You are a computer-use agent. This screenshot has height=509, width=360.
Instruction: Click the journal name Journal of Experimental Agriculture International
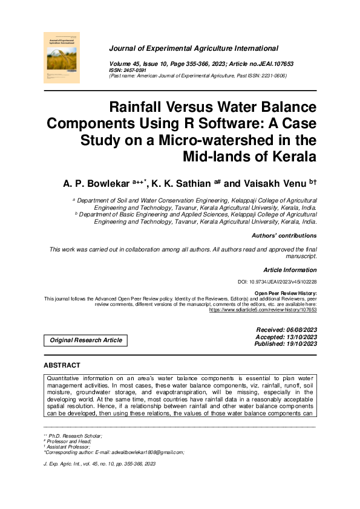194,48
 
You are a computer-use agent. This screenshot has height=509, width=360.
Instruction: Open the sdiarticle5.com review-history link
263,310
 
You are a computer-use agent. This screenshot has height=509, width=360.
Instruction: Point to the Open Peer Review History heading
286,293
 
